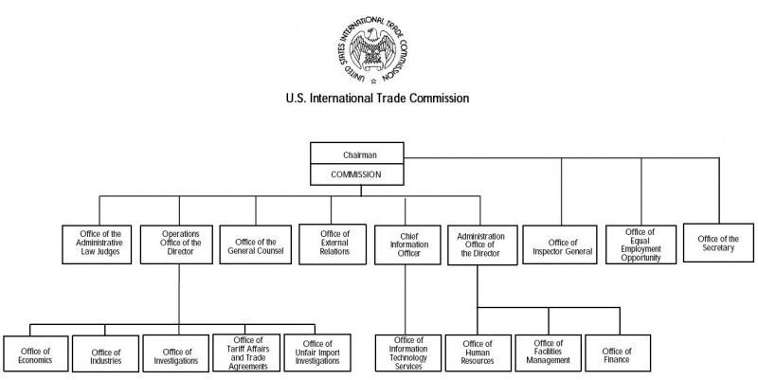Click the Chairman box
click(357, 154)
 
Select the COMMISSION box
click(357, 173)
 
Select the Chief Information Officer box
click(405, 244)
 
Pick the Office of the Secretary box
click(717, 244)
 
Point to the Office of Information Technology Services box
click(406, 353)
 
